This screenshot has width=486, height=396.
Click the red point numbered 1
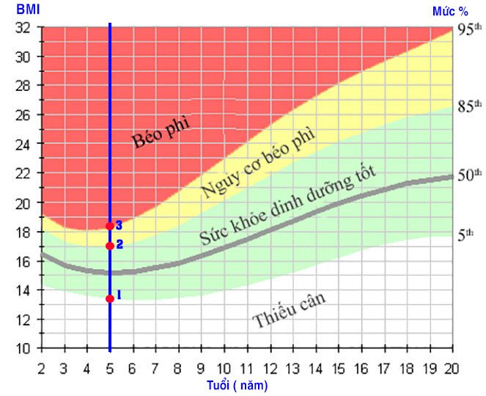(x=110, y=298)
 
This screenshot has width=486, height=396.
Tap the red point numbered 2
(x=110, y=246)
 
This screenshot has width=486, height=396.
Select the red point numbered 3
(x=110, y=226)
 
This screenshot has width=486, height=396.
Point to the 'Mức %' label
(x=451, y=10)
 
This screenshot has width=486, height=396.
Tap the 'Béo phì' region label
(x=161, y=131)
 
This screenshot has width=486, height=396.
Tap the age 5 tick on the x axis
(x=110, y=367)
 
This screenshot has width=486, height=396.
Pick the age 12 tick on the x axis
(x=270, y=367)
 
